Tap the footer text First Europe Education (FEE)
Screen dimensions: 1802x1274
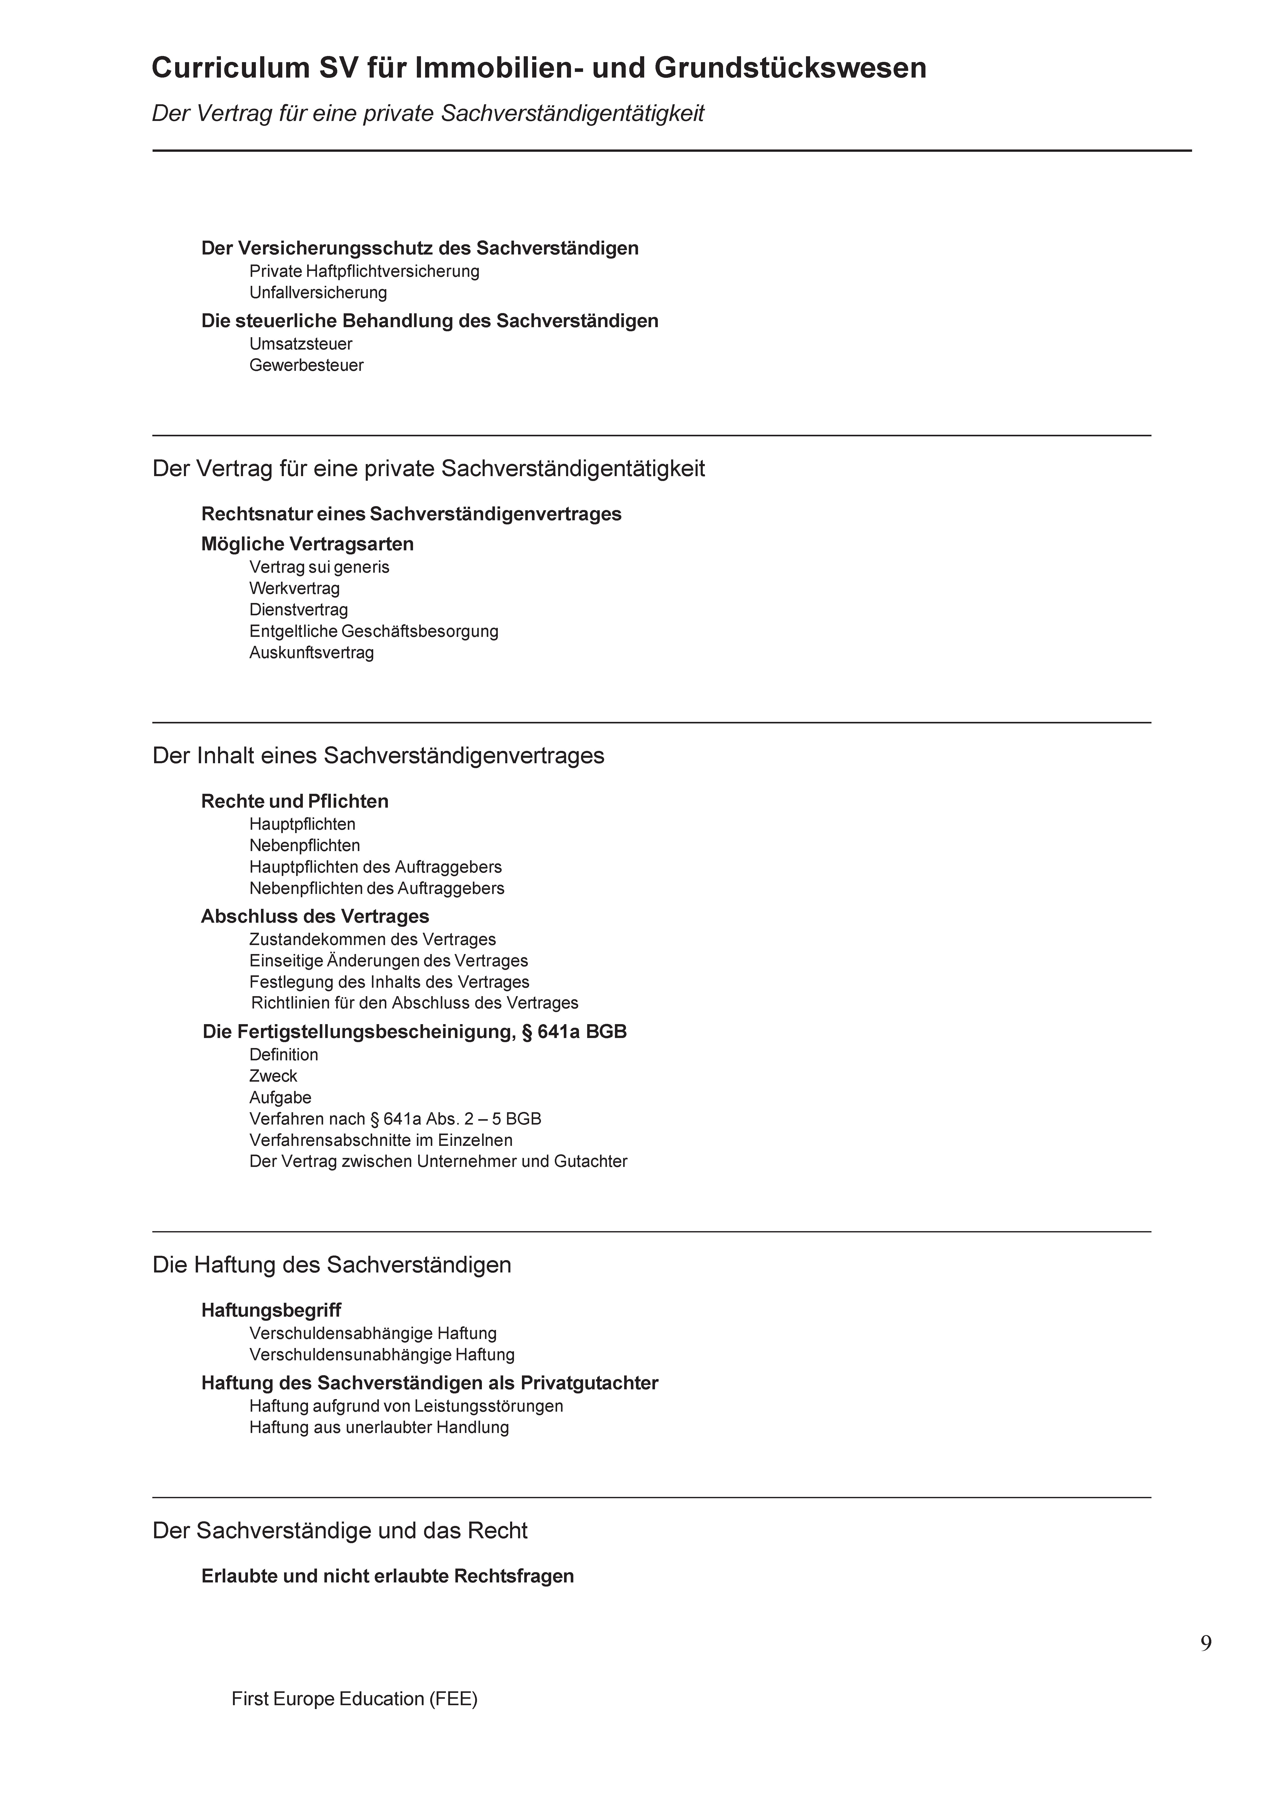[x=354, y=1699]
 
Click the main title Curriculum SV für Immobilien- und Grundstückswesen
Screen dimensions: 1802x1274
[x=538, y=68]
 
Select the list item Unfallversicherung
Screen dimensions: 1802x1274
[x=318, y=293]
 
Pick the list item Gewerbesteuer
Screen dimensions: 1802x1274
[x=306, y=365]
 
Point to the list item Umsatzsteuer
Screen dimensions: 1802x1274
[x=301, y=344]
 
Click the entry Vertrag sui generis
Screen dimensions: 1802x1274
[x=319, y=567]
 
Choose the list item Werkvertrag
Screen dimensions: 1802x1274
[x=294, y=588]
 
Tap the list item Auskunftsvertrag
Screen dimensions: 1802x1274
[x=312, y=652]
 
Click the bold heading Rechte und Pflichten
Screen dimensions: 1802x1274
[x=294, y=801]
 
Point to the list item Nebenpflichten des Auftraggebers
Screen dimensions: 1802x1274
[x=377, y=889]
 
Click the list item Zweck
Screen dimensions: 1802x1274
[x=273, y=1076]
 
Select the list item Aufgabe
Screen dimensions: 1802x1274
[x=280, y=1097]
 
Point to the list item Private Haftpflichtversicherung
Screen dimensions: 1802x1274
[x=364, y=271]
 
